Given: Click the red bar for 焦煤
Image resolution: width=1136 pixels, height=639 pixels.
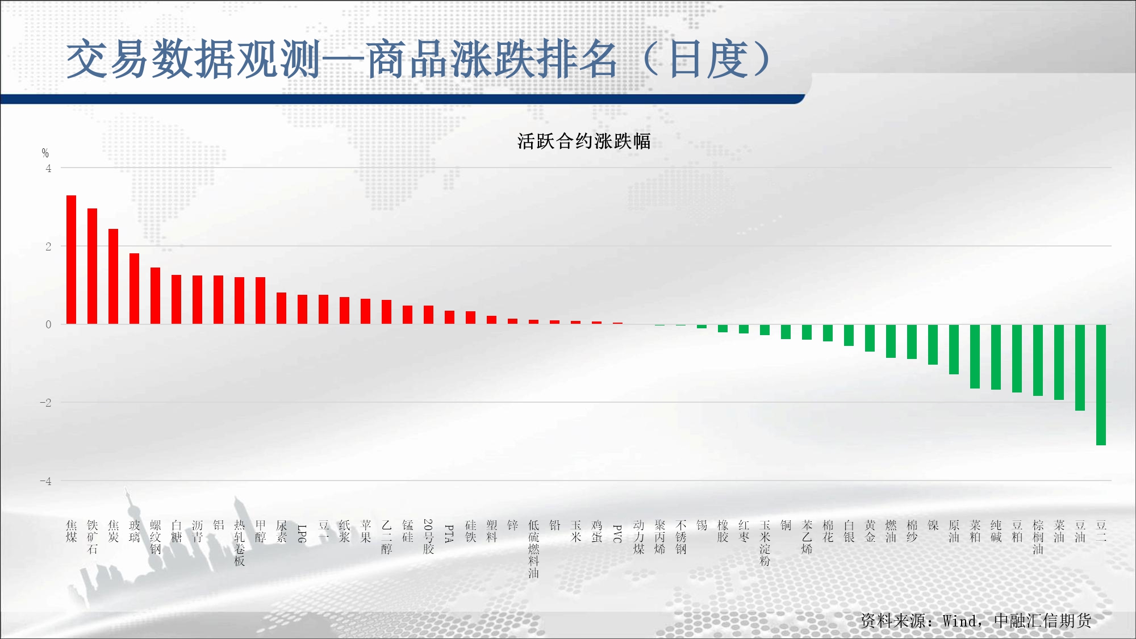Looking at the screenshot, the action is pyautogui.click(x=71, y=260).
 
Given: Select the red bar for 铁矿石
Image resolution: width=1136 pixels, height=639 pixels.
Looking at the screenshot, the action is pyautogui.click(x=92, y=266).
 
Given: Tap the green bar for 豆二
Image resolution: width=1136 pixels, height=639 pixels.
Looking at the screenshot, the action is pyautogui.click(x=1101, y=385).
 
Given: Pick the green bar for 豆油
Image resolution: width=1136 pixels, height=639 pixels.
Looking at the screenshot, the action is pyautogui.click(x=1080, y=367).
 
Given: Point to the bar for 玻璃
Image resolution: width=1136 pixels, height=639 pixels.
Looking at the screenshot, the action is pyautogui.click(x=134, y=289).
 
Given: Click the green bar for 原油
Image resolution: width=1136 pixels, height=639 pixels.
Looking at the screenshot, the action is pyautogui.click(x=954, y=349).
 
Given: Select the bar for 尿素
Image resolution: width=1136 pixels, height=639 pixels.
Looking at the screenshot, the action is pyautogui.click(x=281, y=308).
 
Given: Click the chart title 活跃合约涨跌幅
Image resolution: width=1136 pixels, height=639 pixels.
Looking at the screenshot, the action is pyautogui.click(x=584, y=141).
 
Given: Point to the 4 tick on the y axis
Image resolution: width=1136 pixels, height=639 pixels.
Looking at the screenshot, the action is pyautogui.click(x=48, y=168).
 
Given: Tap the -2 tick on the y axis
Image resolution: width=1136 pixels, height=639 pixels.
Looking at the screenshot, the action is pyautogui.click(x=45, y=403).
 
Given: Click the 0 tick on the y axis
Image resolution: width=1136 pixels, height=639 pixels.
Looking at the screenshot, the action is pyautogui.click(x=48, y=324).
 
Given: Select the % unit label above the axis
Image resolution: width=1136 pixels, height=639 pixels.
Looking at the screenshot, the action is pyautogui.click(x=45, y=153).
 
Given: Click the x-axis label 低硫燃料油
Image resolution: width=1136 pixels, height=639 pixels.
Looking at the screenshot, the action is pyautogui.click(x=533, y=549).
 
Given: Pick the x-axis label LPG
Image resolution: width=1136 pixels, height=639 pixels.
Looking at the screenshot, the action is pyautogui.click(x=302, y=533).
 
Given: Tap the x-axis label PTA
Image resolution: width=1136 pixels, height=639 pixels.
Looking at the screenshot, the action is pyautogui.click(x=449, y=533).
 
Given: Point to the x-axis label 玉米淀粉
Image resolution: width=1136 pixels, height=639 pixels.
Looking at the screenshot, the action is pyautogui.click(x=765, y=543).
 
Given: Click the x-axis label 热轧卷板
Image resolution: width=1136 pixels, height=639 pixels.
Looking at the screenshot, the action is pyautogui.click(x=239, y=543).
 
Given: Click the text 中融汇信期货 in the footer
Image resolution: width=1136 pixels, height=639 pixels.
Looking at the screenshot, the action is pyautogui.click(x=1042, y=621).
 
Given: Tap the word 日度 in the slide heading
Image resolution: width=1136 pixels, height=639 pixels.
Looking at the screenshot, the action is pyautogui.click(x=708, y=59).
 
